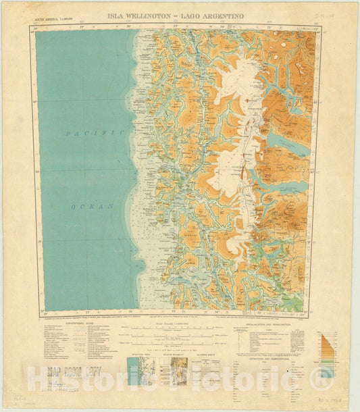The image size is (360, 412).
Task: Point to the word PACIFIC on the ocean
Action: point(95,134)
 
